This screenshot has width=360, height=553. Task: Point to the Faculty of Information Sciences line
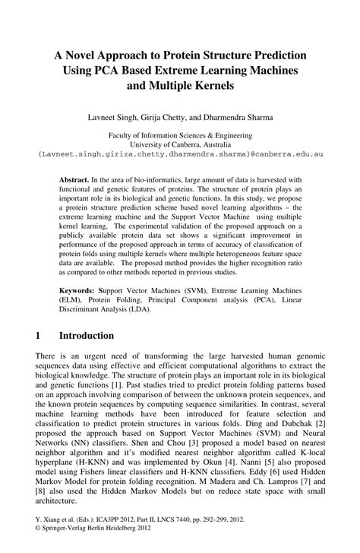click(x=180, y=133)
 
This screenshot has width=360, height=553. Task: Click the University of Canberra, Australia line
click(x=180, y=143)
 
